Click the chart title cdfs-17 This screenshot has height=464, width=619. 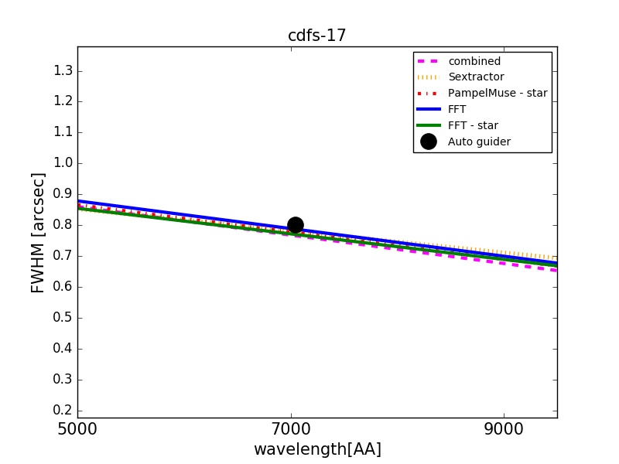[316, 36]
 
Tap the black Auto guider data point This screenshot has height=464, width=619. [295, 225]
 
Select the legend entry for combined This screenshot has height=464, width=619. [474, 61]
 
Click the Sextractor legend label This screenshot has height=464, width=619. [475, 77]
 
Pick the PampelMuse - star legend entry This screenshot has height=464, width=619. [497, 94]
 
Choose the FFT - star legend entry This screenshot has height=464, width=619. [473, 125]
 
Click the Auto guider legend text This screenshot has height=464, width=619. [479, 142]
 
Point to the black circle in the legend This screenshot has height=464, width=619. [428, 142]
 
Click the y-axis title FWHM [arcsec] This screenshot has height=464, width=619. [37, 232]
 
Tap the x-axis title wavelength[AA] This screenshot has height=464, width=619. [317, 449]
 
